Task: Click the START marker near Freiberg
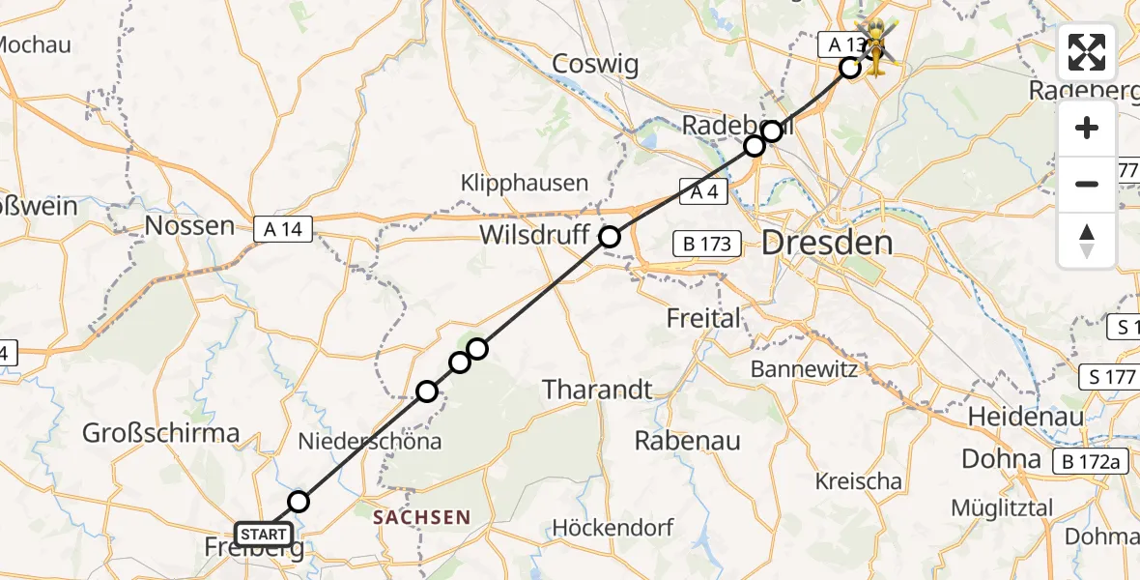264,535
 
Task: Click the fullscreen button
1087,52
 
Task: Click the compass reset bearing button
1087,241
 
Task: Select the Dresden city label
827,243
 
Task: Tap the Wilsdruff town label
537,235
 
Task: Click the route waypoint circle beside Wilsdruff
610,236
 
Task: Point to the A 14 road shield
283,229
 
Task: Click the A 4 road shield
703,191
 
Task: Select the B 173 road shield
708,244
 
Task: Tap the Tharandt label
598,390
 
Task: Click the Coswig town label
596,65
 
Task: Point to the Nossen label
189,227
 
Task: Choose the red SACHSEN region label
421,517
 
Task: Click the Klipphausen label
525,183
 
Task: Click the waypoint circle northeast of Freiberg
299,501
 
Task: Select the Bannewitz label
799,368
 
